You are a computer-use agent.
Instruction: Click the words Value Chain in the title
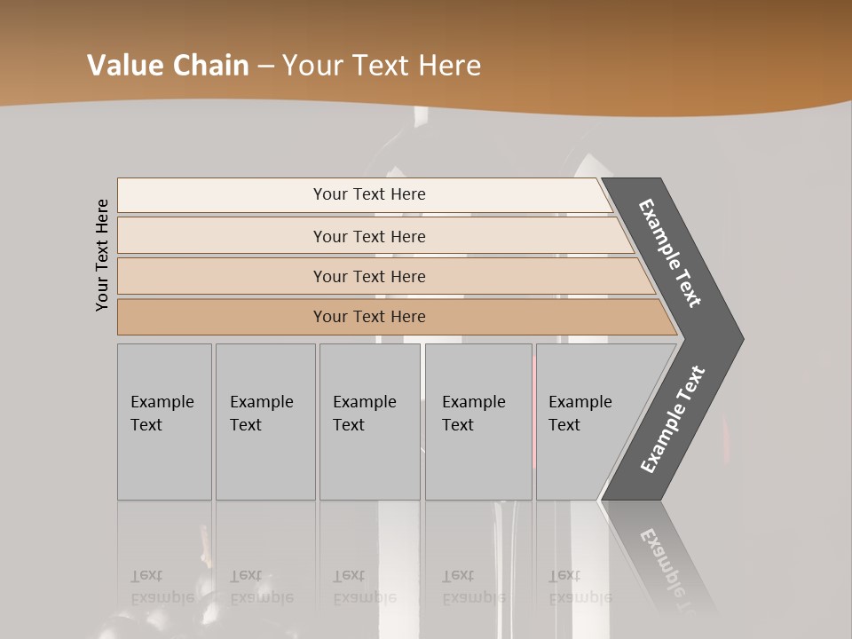click(x=168, y=66)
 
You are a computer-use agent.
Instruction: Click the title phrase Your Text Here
click(x=382, y=66)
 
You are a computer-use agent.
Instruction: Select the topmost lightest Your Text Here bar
click(x=369, y=194)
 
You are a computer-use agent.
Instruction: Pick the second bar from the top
click(x=369, y=236)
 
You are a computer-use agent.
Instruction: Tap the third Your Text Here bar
click(x=369, y=276)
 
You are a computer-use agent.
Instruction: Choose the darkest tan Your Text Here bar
click(x=369, y=317)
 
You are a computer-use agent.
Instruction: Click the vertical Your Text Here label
click(x=102, y=255)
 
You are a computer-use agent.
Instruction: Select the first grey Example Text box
click(x=164, y=422)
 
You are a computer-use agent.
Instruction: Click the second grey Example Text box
click(x=265, y=422)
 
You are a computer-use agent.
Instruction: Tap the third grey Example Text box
click(x=369, y=422)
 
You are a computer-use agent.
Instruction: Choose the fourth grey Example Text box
click(x=478, y=422)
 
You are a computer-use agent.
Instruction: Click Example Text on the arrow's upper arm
click(x=670, y=253)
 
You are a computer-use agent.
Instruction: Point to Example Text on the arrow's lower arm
click(x=673, y=419)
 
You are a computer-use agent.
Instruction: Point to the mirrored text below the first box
click(x=162, y=587)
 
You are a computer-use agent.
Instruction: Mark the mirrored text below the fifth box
click(x=580, y=587)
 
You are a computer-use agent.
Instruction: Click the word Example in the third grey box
click(x=364, y=402)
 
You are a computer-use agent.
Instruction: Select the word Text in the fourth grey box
click(x=458, y=425)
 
